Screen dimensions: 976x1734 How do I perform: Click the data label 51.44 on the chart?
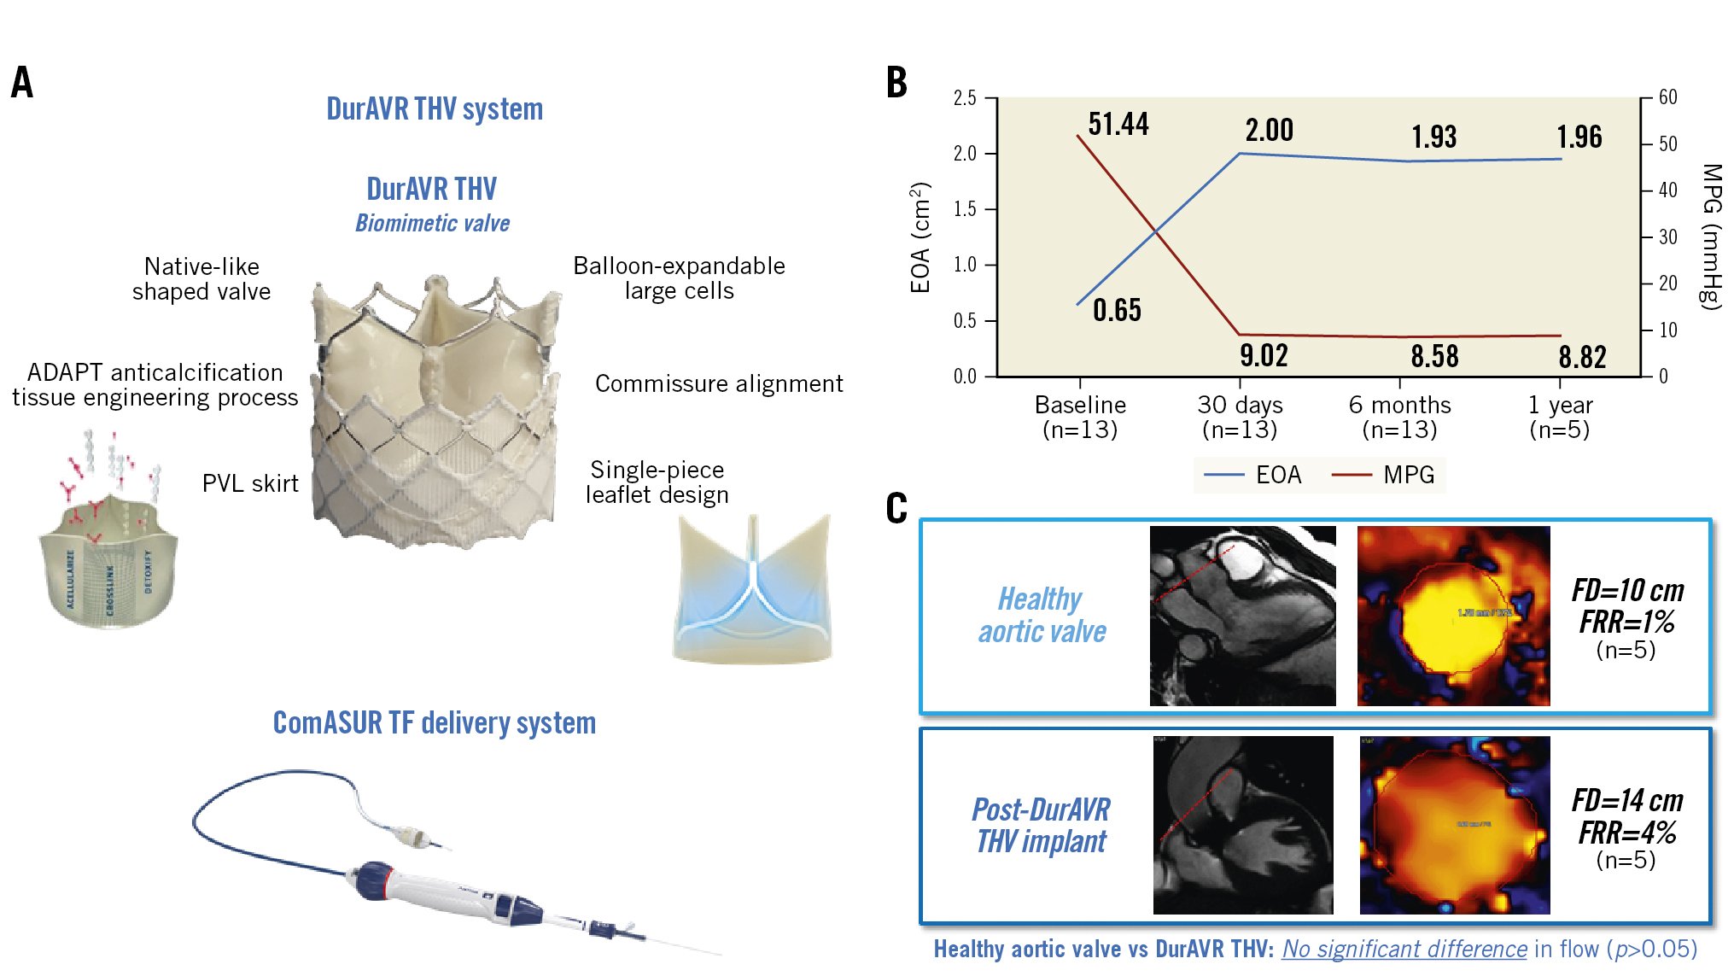(x=1118, y=125)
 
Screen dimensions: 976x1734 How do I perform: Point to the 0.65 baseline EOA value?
(x=1117, y=310)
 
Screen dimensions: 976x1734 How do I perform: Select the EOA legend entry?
(x=1253, y=475)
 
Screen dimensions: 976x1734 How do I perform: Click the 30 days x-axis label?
(x=1240, y=417)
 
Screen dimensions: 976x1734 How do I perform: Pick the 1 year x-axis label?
(x=1560, y=417)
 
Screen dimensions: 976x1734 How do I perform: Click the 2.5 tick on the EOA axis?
(x=965, y=98)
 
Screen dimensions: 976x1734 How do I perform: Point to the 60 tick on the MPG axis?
(x=1667, y=97)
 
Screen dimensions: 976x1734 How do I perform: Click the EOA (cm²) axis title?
(x=920, y=237)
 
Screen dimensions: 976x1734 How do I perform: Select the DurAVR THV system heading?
(x=435, y=109)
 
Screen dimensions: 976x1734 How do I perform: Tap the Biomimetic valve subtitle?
(x=432, y=224)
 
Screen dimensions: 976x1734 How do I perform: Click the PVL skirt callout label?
(x=250, y=483)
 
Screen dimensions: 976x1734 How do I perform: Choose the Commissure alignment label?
(x=719, y=384)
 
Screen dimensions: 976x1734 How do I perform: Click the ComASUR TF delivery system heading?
(x=434, y=723)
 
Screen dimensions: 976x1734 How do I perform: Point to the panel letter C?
(x=896, y=509)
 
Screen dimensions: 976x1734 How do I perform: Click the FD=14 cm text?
(x=1627, y=801)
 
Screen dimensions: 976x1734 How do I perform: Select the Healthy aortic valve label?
(x=1042, y=615)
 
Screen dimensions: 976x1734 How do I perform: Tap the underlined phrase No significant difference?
(x=1404, y=949)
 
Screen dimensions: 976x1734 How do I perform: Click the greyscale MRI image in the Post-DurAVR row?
(x=1243, y=825)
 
